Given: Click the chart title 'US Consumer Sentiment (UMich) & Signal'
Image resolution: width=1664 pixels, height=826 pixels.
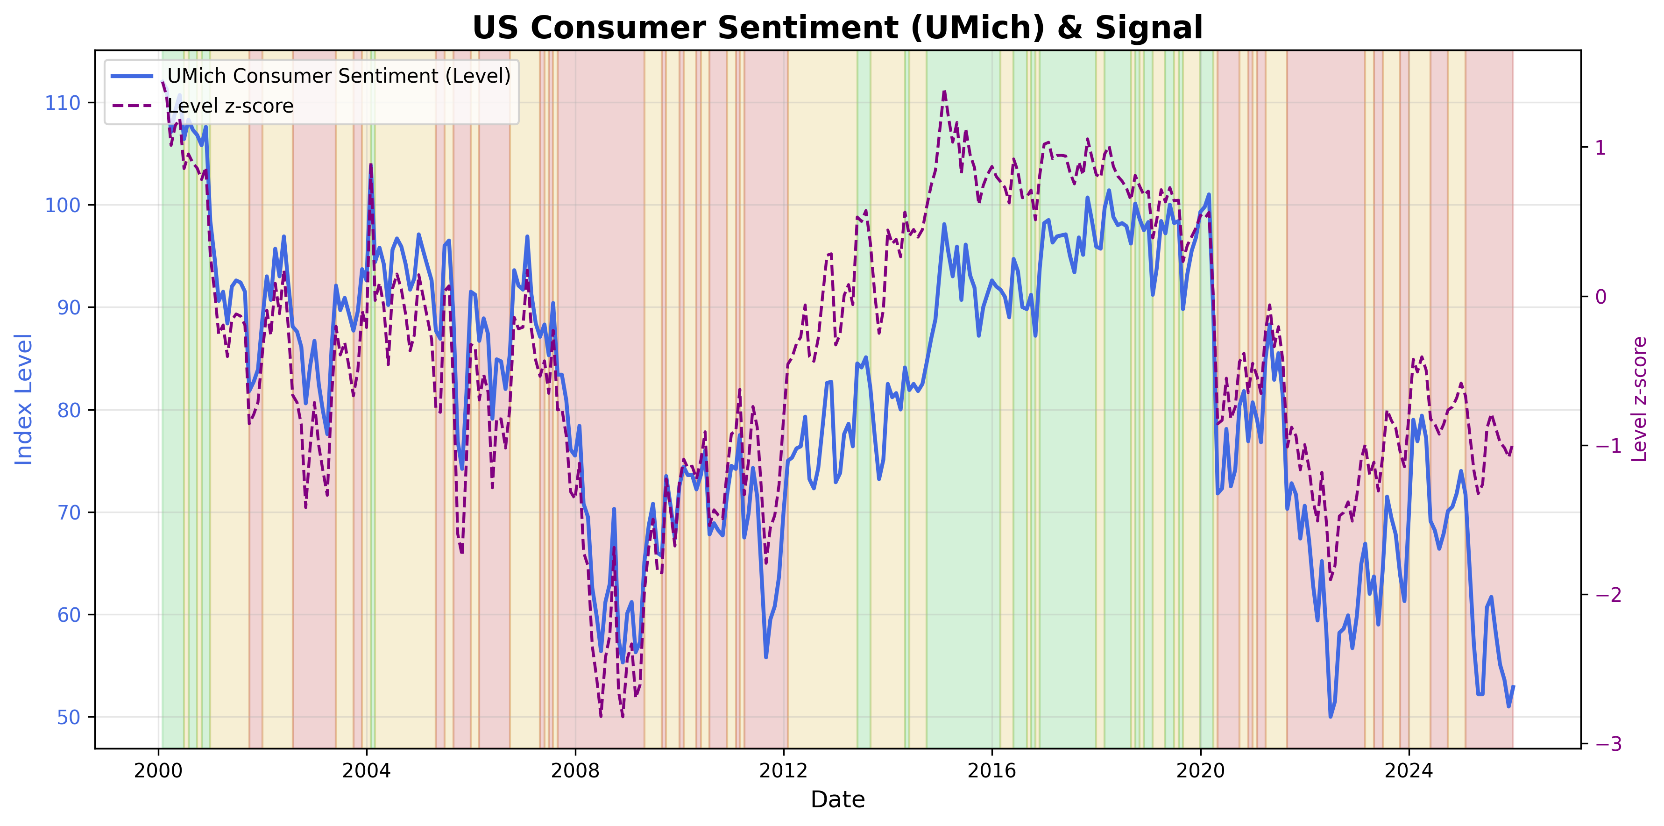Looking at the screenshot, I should pos(837,28).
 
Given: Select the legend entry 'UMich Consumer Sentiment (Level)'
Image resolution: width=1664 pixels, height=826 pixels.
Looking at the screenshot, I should pos(339,76).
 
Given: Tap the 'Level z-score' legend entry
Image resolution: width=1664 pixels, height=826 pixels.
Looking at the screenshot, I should pos(230,106).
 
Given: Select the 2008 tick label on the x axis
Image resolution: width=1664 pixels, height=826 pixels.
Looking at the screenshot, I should pos(575,770).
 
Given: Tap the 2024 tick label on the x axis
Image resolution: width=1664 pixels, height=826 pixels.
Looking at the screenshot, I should pos(1408,770).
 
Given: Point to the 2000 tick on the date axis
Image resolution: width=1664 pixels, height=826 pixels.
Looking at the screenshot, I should pos(158,770).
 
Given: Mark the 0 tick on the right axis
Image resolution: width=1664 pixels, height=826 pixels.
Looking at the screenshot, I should pos(1600,297).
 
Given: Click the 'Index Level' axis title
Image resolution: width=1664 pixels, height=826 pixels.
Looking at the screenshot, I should pos(24,399).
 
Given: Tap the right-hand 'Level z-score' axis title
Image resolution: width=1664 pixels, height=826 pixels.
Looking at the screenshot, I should pos(1639,399).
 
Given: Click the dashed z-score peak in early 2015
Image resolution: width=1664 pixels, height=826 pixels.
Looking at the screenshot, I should pos(944,92).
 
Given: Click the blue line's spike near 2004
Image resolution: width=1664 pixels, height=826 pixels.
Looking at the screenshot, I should pos(371,165).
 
